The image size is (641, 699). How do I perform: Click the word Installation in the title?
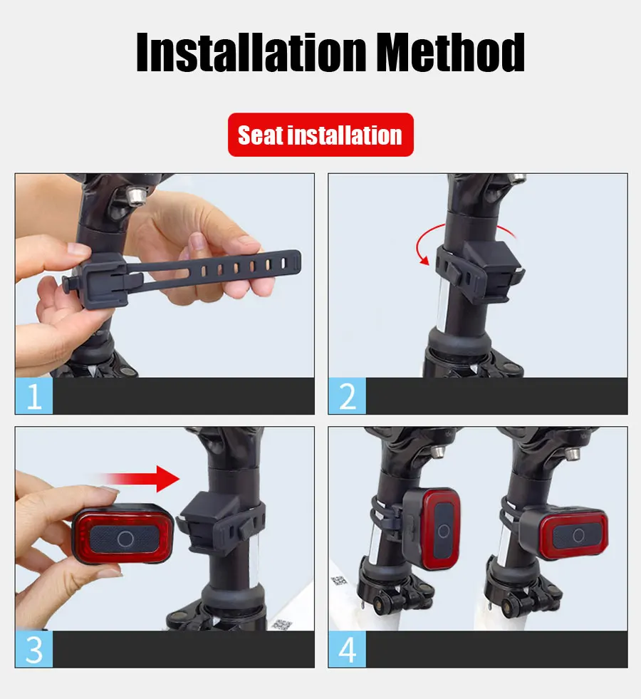tap(251, 52)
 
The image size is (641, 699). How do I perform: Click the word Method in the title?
tap(450, 52)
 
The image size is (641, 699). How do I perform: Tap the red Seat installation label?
tap(320, 135)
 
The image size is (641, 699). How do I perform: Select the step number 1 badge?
tap(34, 396)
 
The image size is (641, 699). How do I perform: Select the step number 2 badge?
tap(347, 396)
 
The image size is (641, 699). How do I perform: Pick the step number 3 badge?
tap(34, 649)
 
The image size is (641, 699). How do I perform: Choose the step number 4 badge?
tap(347, 649)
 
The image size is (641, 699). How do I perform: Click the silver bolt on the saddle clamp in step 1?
tap(136, 195)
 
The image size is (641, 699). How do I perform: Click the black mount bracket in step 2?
tap(479, 270)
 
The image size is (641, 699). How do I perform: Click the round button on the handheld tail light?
tap(125, 539)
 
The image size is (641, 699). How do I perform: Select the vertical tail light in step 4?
tap(431, 529)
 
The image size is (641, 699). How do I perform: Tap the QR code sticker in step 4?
tap(339, 581)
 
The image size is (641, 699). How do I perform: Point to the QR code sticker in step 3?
tap(281, 625)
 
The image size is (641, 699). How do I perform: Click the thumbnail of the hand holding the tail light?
tap(165, 529)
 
